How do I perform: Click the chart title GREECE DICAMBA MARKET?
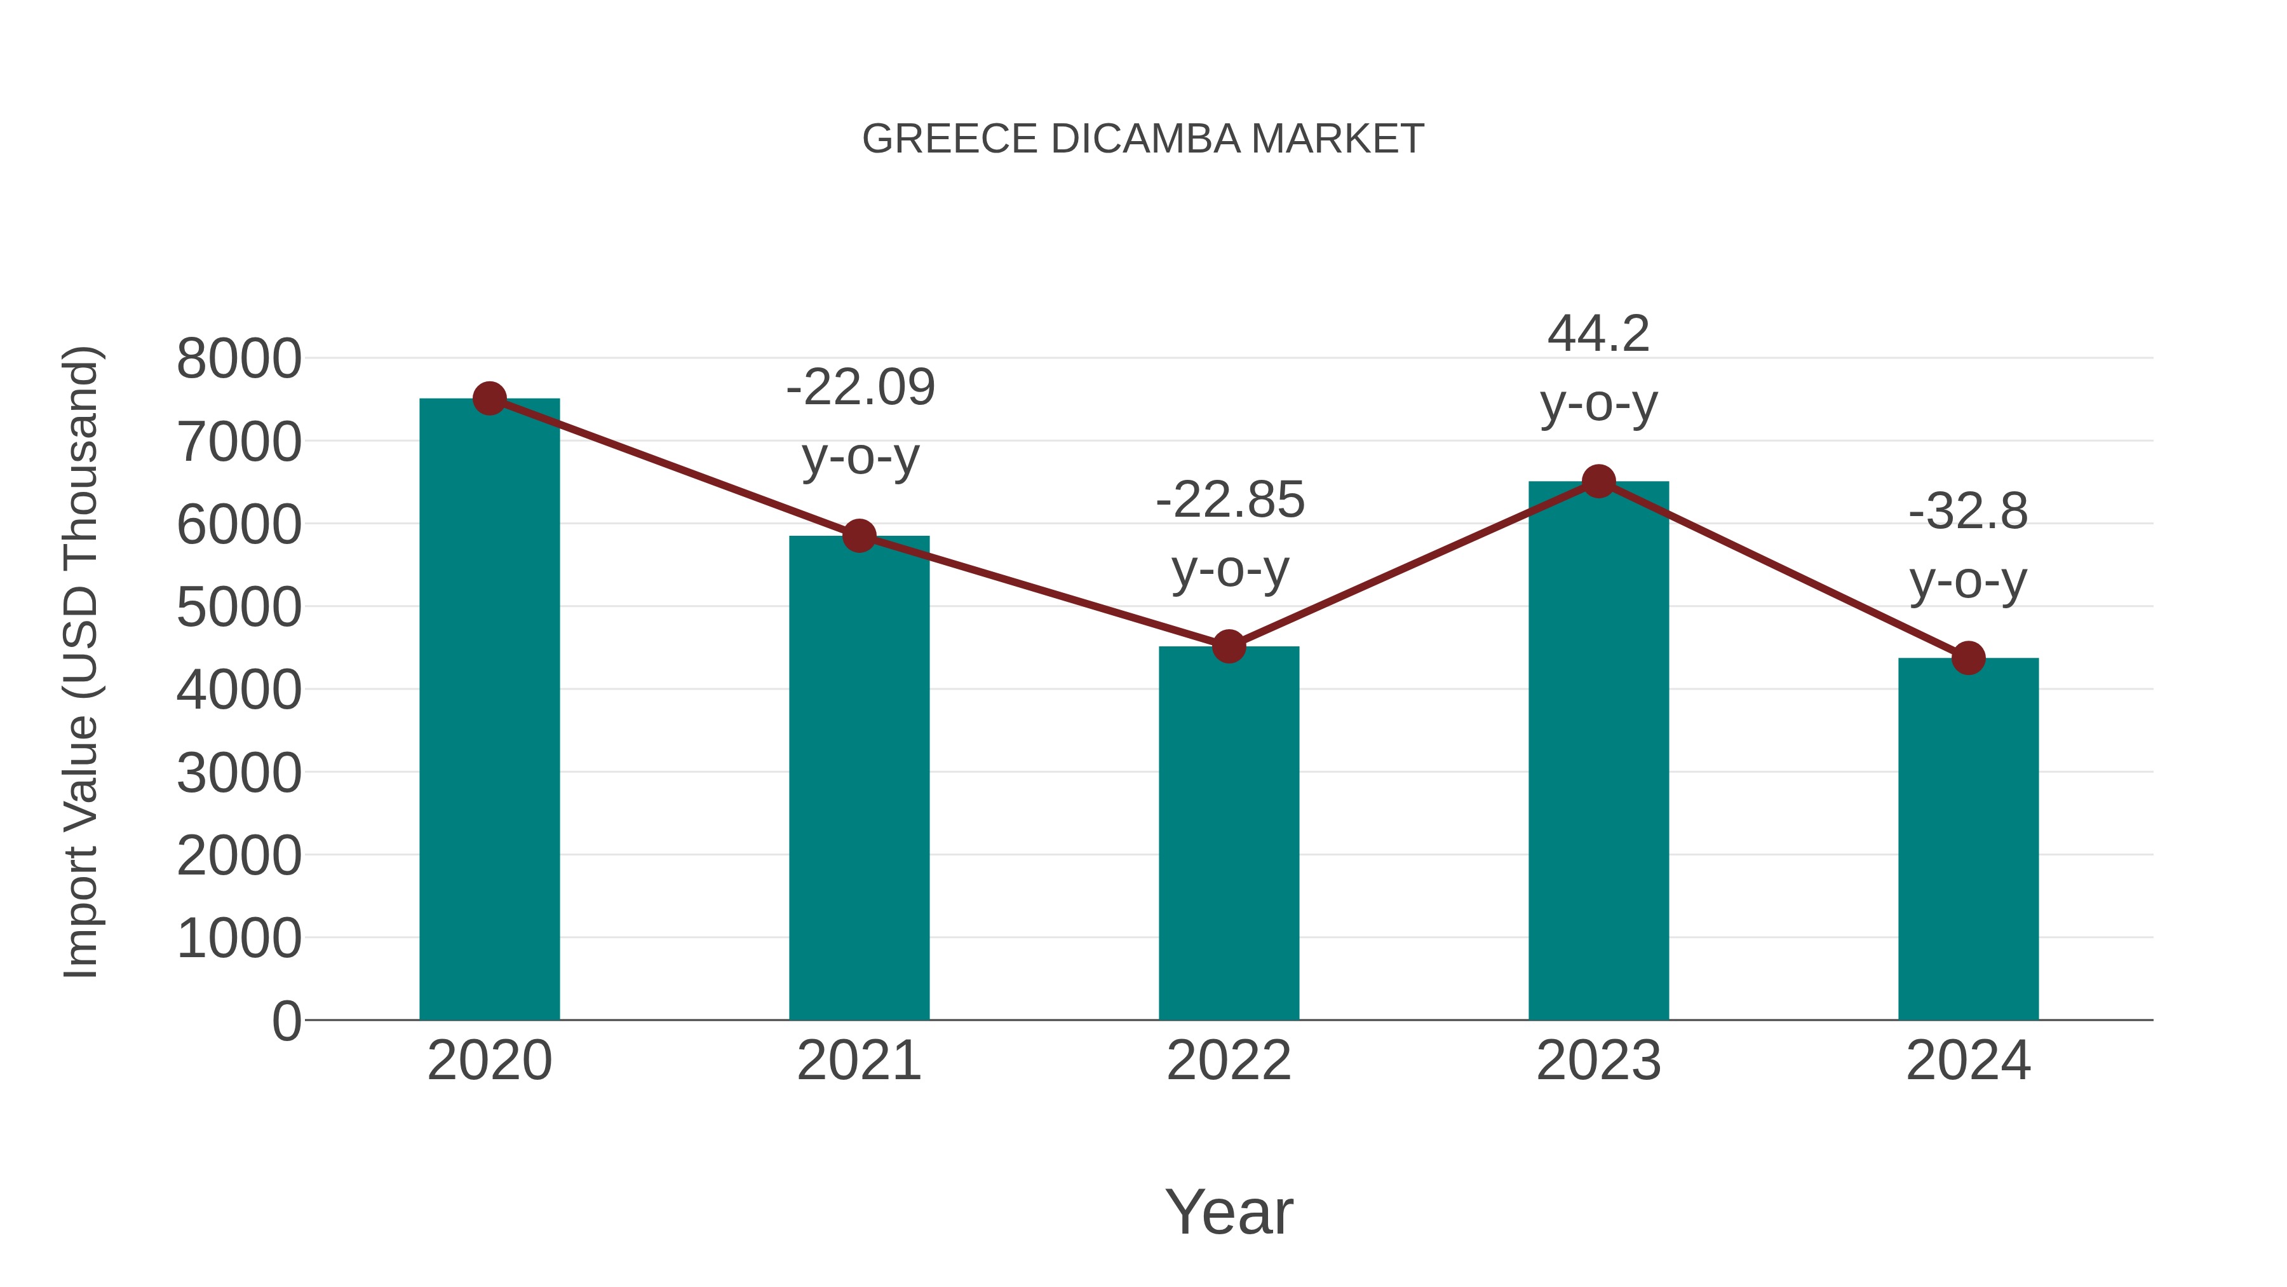[x=1143, y=139]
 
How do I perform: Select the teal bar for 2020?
[x=489, y=711]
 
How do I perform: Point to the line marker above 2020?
[x=489, y=398]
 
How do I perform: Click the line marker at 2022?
[x=1229, y=646]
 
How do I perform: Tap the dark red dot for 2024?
[x=1968, y=658]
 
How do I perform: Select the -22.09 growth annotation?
[x=860, y=388]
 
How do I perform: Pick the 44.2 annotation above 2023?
[x=1598, y=335]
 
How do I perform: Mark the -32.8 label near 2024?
[x=1968, y=512]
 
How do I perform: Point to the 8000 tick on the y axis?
[x=239, y=360]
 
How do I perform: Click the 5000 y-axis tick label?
[x=239, y=608]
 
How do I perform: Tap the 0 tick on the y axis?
[x=287, y=1021]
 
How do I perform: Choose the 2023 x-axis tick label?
[x=1598, y=1061]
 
